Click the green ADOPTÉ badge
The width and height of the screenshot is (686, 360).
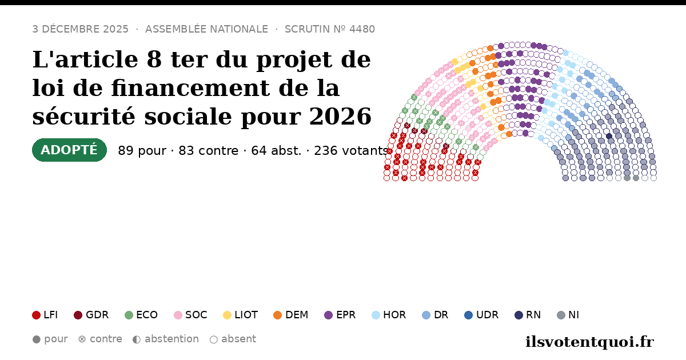[69, 150]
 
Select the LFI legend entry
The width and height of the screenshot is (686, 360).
[45, 315]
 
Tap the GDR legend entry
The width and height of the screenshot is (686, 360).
[91, 315]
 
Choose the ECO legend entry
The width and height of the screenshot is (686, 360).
[141, 315]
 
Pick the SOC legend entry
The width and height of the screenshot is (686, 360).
[190, 315]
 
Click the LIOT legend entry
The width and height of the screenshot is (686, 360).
[241, 315]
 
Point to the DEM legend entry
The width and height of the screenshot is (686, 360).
[290, 315]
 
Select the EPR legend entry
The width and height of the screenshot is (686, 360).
[340, 315]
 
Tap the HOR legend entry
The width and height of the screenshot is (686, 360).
[389, 315]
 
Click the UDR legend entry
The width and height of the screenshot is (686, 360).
[481, 315]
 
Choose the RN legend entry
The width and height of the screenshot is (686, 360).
[528, 315]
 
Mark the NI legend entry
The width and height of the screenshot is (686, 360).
[568, 315]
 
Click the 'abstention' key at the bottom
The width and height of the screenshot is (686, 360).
[166, 339]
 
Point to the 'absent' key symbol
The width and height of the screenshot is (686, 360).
[214, 339]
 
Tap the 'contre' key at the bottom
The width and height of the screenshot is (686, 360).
[100, 339]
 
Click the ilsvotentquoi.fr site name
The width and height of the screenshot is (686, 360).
[589, 342]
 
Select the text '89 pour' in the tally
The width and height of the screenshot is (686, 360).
[142, 151]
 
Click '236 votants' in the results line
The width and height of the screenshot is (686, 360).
[351, 151]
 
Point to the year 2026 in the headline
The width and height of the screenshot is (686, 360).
[340, 117]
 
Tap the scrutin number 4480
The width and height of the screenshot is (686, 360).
[362, 29]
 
